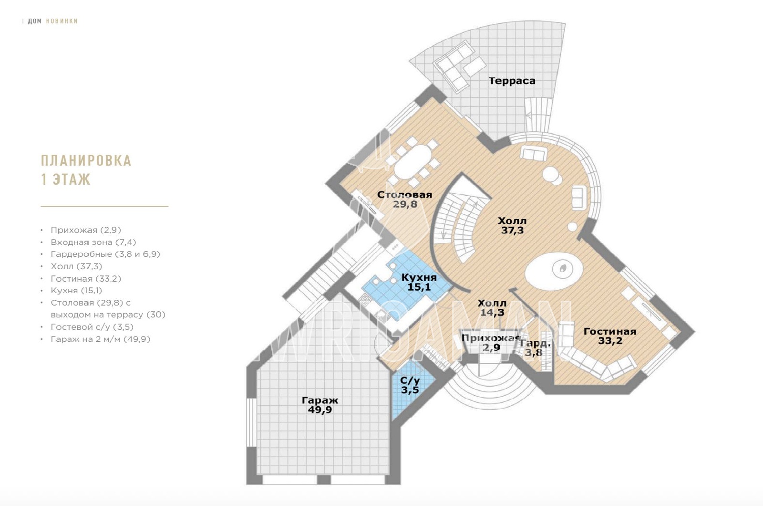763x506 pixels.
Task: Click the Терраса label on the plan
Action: coord(512,81)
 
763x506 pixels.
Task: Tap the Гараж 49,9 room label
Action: coord(320,405)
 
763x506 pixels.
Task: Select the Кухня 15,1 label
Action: coord(419,282)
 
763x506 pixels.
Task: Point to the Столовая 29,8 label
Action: coord(405,200)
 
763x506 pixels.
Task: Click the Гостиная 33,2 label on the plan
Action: coord(610,336)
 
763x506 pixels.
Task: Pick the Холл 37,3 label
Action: coord(512,225)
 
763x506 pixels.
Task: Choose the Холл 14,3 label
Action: coord(492,308)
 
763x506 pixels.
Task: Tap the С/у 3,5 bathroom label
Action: coord(410,385)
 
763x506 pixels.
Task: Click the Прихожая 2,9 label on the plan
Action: coord(491,343)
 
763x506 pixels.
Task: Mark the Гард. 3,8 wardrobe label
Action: coord(535,348)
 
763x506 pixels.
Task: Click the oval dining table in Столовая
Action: coord(413,162)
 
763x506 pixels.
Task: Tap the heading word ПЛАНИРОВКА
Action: coord(86,160)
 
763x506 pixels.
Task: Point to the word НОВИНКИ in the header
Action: coord(62,21)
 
